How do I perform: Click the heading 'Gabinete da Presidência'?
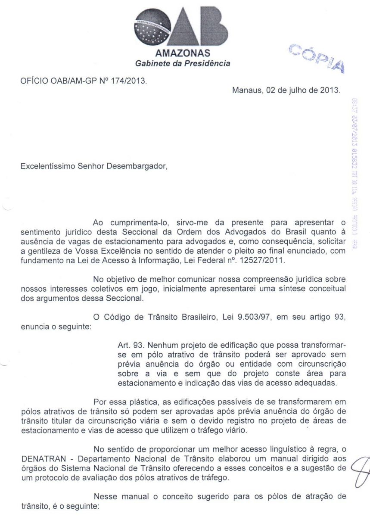(183, 63)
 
